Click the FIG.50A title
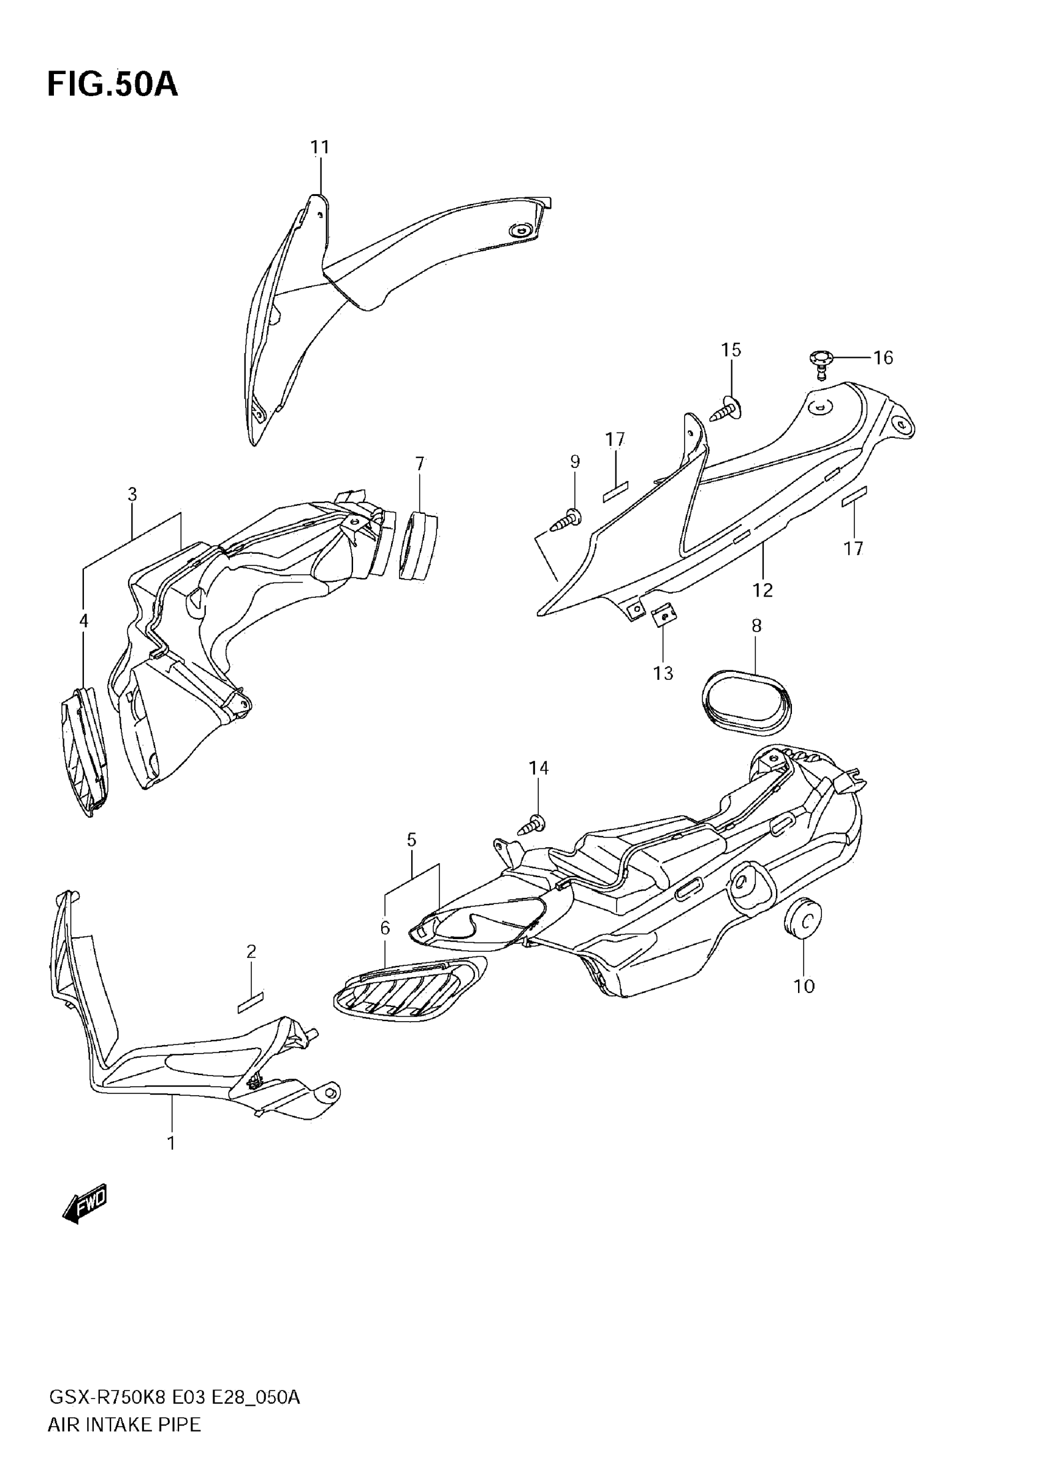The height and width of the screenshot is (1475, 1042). tap(113, 85)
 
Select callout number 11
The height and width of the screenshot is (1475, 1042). tap(319, 148)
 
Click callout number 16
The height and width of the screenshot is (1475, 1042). tap(883, 358)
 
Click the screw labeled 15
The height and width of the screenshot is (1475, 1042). tap(726, 410)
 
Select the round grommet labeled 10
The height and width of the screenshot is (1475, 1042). tap(803, 919)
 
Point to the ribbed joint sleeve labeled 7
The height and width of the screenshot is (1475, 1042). tap(418, 545)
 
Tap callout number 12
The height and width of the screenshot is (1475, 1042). tap(762, 590)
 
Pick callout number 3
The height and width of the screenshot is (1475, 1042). tap(132, 494)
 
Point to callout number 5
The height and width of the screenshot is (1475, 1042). tap(411, 840)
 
